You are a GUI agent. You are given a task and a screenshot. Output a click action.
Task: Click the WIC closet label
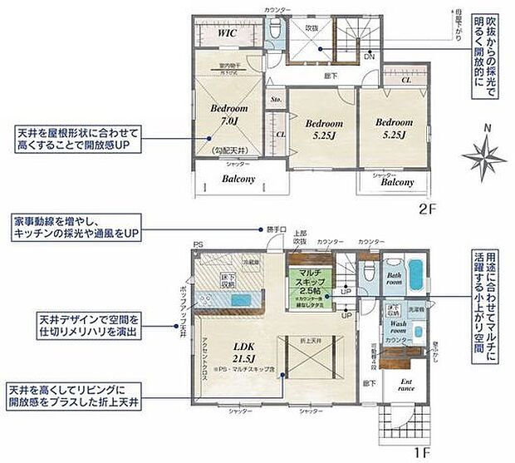pos(227,32)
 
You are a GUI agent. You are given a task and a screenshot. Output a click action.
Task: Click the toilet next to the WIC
pos(274,32)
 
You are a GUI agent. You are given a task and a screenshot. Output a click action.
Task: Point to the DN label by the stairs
pos(370,57)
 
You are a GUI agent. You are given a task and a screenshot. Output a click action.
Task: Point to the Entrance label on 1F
pos(406,383)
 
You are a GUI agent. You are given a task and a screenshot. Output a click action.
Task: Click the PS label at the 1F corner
pos(198,244)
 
